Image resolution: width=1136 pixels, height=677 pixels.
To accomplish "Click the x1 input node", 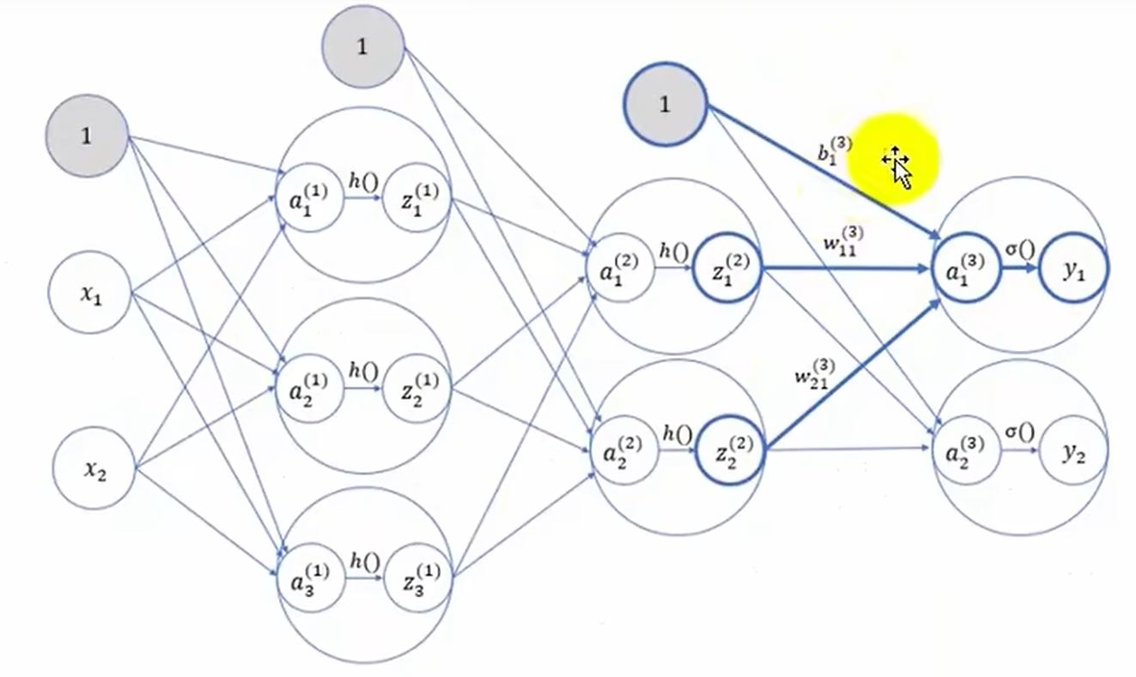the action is point(90,293).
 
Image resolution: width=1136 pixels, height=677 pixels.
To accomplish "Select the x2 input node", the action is point(94,468).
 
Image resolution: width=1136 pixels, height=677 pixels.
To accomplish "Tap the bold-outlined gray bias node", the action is point(665,105).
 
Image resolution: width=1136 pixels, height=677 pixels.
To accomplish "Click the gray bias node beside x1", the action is point(87,136).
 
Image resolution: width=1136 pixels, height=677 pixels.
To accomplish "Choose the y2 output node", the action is point(1073,450).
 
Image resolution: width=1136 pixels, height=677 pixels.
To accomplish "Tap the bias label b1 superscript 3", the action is point(835,150).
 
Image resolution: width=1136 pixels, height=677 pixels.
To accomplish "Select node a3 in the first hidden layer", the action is point(311,577).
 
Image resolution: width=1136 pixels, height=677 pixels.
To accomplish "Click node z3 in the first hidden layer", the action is point(418,577).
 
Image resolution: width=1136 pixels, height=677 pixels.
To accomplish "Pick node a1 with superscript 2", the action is point(620,268).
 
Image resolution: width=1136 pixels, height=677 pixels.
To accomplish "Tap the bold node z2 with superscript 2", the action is point(730,450).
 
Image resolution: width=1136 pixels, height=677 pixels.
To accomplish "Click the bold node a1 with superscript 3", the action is point(966,268).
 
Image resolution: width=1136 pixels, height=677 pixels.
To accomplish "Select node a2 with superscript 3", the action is point(966,450).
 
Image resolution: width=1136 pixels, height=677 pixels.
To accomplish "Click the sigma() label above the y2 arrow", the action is point(1020,432).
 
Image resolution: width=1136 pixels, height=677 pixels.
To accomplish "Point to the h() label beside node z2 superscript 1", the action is point(363,372).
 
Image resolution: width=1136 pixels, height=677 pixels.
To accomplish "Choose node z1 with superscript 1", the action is point(417,197).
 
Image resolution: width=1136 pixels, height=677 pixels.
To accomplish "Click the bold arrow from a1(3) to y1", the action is point(1019,268).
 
